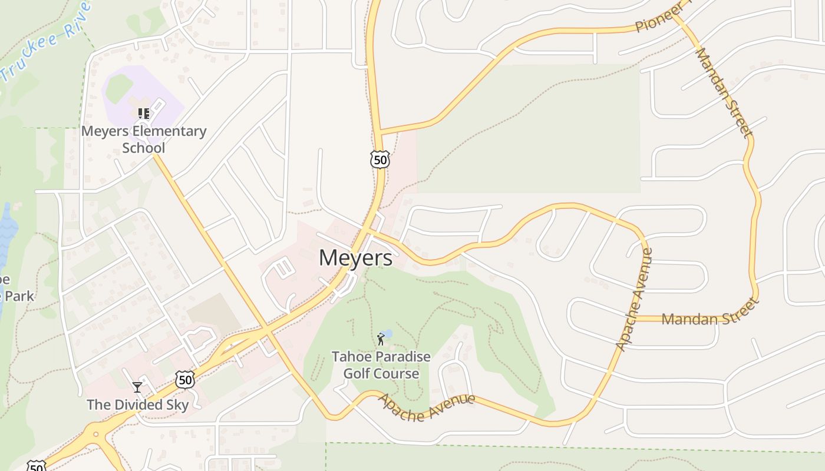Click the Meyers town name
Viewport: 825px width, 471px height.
356,258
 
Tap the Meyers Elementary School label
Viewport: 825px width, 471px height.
144,139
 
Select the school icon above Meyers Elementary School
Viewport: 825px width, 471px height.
143,113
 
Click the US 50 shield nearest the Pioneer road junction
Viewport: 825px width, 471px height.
380,159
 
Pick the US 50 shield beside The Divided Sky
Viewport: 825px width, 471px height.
185,380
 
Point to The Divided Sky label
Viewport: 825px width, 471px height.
138,405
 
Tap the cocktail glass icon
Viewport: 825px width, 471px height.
137,387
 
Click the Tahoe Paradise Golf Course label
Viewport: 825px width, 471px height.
381,365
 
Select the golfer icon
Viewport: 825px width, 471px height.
381,339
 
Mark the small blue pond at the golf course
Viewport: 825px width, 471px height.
387,334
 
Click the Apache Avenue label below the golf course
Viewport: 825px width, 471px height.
426,406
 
